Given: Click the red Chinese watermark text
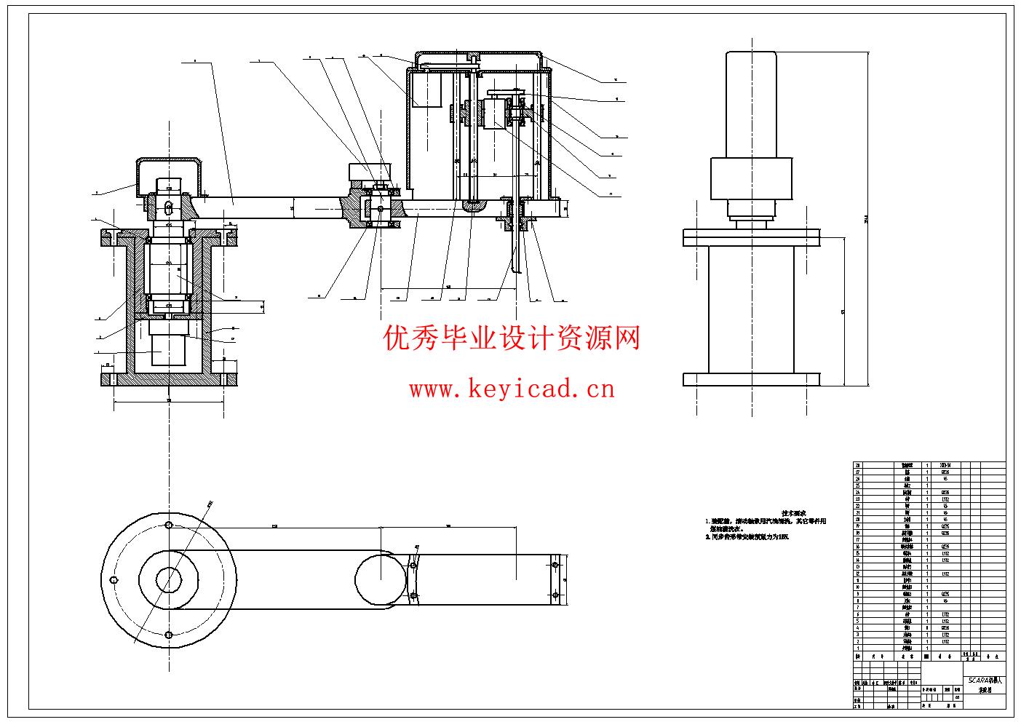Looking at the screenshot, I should point(512,338).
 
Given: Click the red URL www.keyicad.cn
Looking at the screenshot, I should point(512,389).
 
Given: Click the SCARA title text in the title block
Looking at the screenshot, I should point(984,680).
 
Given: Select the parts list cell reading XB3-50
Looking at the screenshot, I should point(945,465).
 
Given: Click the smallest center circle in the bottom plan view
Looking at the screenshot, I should point(168,579).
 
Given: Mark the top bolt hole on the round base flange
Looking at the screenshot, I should point(168,525).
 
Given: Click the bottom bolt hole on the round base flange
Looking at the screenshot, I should point(168,634).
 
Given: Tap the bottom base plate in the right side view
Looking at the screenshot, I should point(751,379).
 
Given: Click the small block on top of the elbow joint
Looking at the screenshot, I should point(370,172).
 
